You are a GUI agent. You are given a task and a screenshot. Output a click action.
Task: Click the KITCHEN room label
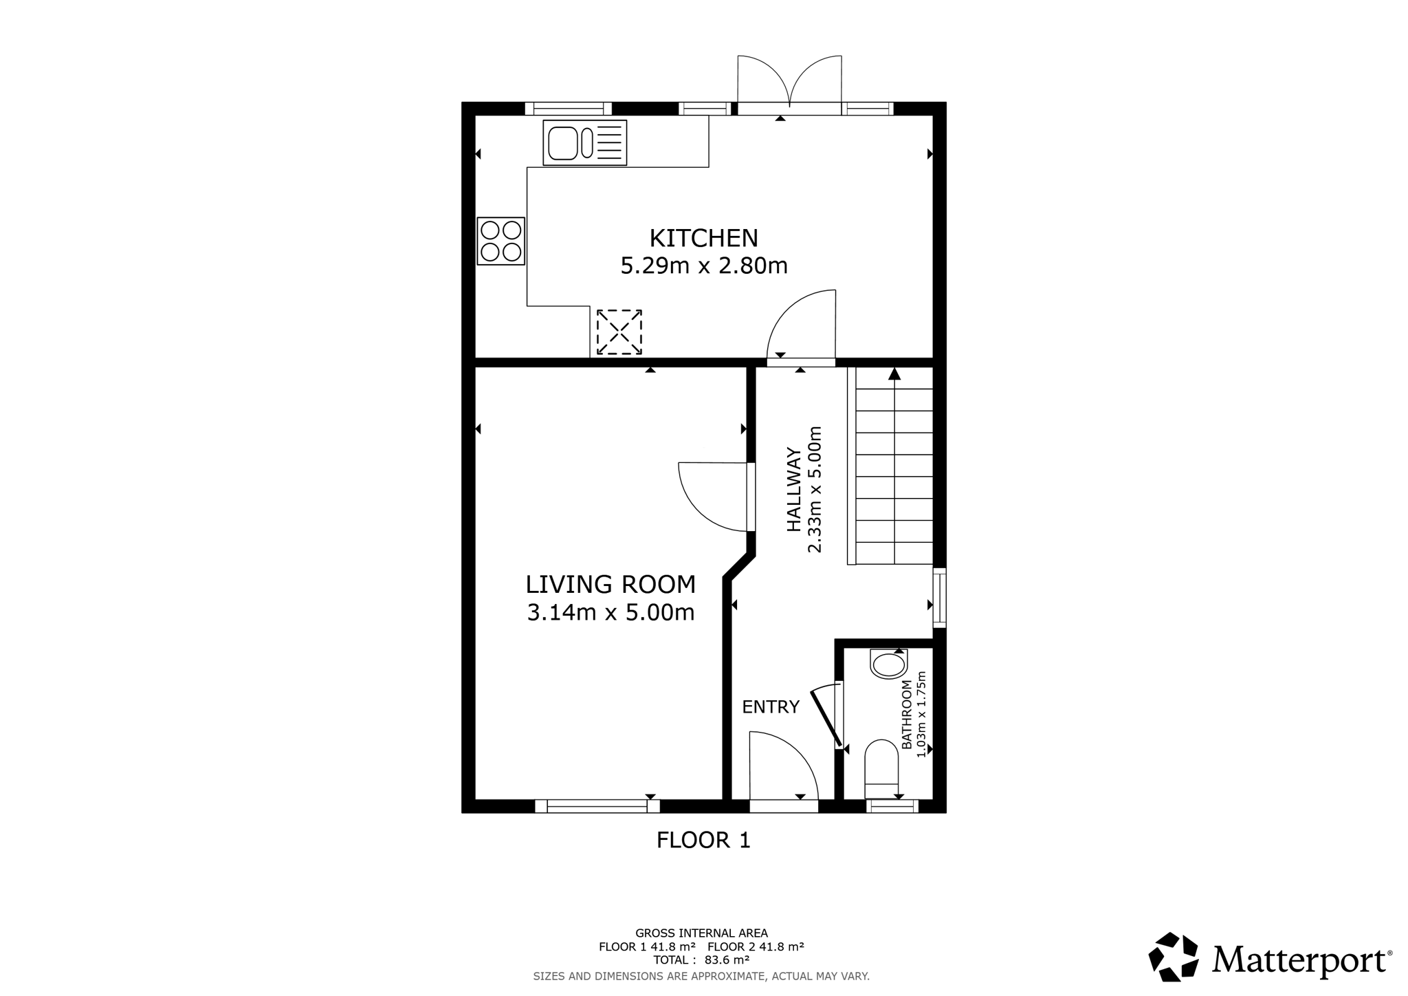tap(703, 238)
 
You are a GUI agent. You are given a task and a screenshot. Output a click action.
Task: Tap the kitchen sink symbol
tap(584, 143)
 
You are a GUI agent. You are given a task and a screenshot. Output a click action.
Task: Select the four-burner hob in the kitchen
tap(501, 241)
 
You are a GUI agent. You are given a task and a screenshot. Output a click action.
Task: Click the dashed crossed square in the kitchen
tap(619, 332)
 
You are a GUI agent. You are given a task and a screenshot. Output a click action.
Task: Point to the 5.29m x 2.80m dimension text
tap(703, 266)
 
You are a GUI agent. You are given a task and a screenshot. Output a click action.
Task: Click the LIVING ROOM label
tap(610, 585)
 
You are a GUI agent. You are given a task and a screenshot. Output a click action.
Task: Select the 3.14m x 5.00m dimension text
tap(610, 612)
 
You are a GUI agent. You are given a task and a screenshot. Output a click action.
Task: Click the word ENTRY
tap(771, 706)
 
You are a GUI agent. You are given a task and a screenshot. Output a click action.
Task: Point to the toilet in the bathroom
tap(881, 762)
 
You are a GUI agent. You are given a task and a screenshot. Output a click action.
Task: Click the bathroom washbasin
tap(888, 664)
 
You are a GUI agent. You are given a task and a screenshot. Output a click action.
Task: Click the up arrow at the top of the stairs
tap(894, 374)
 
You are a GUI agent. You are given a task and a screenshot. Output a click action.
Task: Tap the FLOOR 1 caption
tap(703, 840)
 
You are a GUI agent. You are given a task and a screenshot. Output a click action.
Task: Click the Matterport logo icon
tap(1174, 957)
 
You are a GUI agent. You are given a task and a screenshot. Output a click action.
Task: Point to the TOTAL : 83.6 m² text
tap(701, 960)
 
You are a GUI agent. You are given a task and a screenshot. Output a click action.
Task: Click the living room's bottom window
tap(597, 806)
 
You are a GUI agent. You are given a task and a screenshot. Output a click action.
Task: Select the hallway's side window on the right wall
tap(939, 598)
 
